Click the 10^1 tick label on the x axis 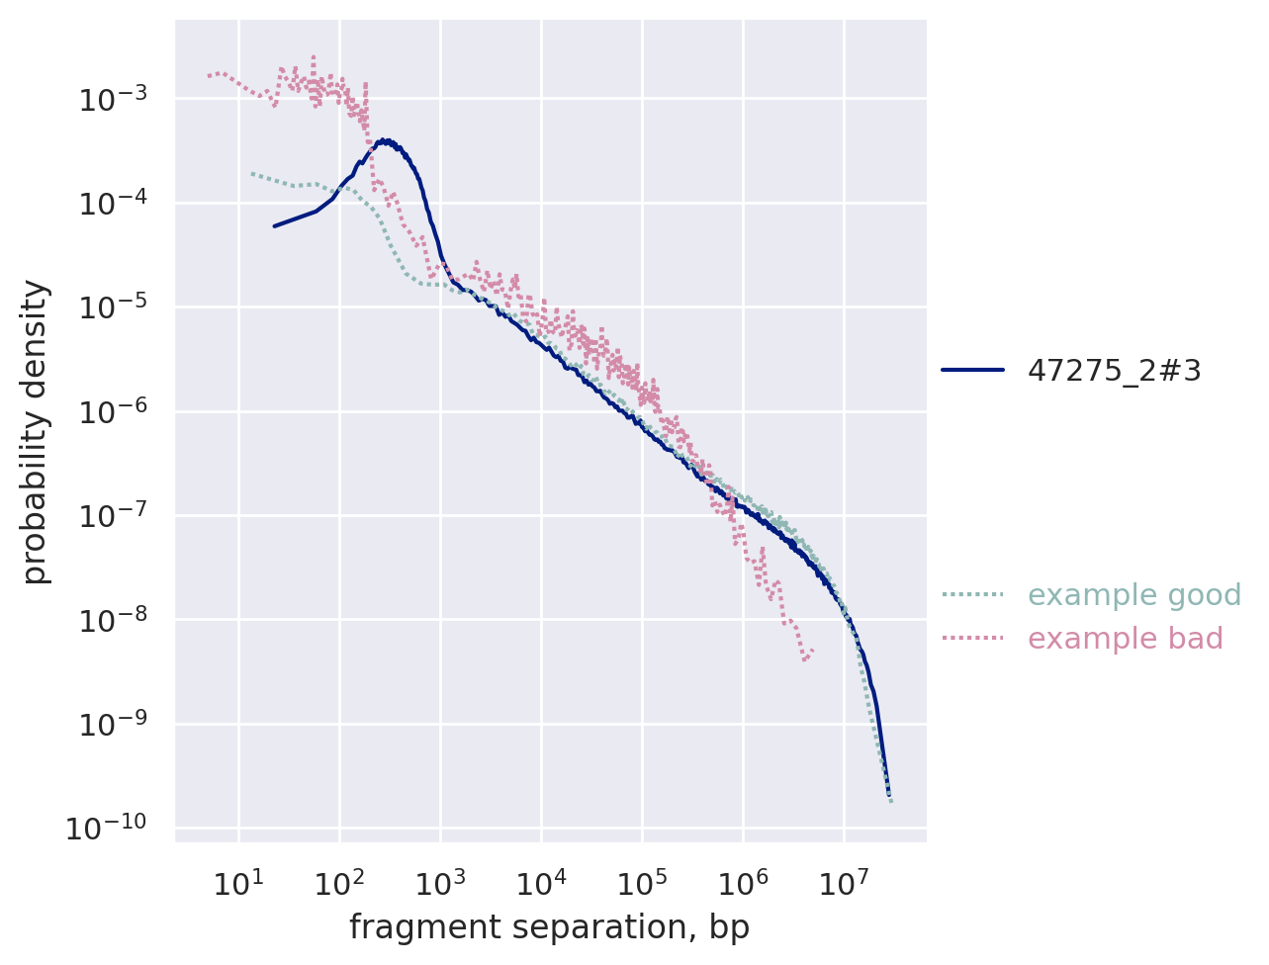coord(238,881)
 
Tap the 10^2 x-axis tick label coord(339,881)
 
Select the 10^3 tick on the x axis coord(440,881)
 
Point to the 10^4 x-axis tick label coord(541,881)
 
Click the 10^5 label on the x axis coord(642,881)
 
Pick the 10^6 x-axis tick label coord(743,881)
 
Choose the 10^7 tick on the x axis coord(844,881)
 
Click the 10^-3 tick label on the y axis coord(113,98)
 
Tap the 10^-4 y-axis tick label coord(113,203)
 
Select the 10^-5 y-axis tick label coord(113,307)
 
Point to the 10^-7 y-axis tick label coord(113,515)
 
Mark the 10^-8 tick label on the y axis coord(113,620)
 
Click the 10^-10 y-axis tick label coord(107,828)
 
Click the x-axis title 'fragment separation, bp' coord(549,928)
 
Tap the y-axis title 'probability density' coord(36,431)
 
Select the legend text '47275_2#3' coord(1115,370)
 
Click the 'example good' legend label coord(1134,595)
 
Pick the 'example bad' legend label coord(1126,639)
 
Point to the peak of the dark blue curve coord(385,140)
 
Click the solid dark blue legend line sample coord(972,370)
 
